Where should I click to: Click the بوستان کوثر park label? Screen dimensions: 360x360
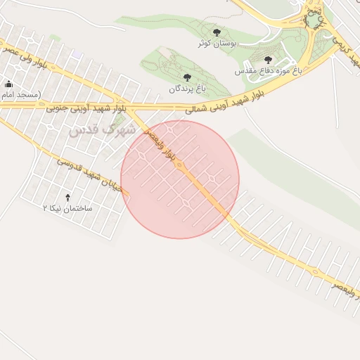(x=217, y=44)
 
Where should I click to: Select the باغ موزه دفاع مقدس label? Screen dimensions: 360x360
(x=267, y=71)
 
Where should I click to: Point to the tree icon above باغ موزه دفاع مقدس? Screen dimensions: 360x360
(x=268, y=60)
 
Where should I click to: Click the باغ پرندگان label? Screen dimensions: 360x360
(x=187, y=89)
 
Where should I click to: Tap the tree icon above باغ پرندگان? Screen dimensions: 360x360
(x=186, y=77)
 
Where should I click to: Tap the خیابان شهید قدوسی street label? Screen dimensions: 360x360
(x=91, y=173)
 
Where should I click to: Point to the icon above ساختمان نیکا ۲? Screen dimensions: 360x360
(x=67, y=198)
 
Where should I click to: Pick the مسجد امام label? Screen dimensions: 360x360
(x=20, y=94)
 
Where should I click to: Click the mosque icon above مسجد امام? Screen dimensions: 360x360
(x=8, y=84)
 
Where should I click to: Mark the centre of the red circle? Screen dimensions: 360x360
(x=180, y=180)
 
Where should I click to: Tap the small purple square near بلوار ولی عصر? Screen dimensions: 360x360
(x=77, y=54)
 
